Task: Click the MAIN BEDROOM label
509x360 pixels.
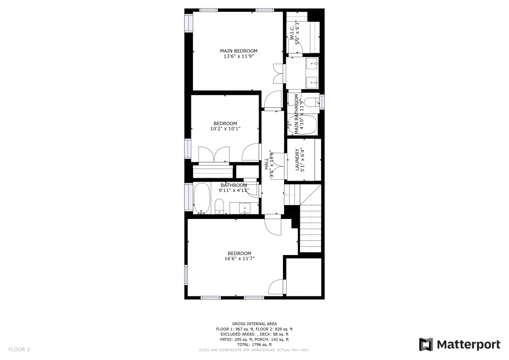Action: click(x=238, y=51)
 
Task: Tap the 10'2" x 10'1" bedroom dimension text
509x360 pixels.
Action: click(x=225, y=129)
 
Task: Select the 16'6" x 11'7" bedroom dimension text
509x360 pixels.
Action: click(x=239, y=259)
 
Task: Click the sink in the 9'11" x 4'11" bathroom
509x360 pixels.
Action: click(x=243, y=208)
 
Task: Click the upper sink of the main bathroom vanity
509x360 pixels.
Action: click(x=313, y=65)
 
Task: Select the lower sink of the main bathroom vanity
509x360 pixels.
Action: click(x=313, y=81)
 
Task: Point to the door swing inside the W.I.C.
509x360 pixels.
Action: click(x=297, y=47)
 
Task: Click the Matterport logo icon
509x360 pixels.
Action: click(x=427, y=344)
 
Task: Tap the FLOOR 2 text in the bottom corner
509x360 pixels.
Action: click(x=19, y=349)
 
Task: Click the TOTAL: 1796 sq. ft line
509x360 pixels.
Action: click(x=254, y=345)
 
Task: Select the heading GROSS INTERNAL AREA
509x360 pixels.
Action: click(x=254, y=324)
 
